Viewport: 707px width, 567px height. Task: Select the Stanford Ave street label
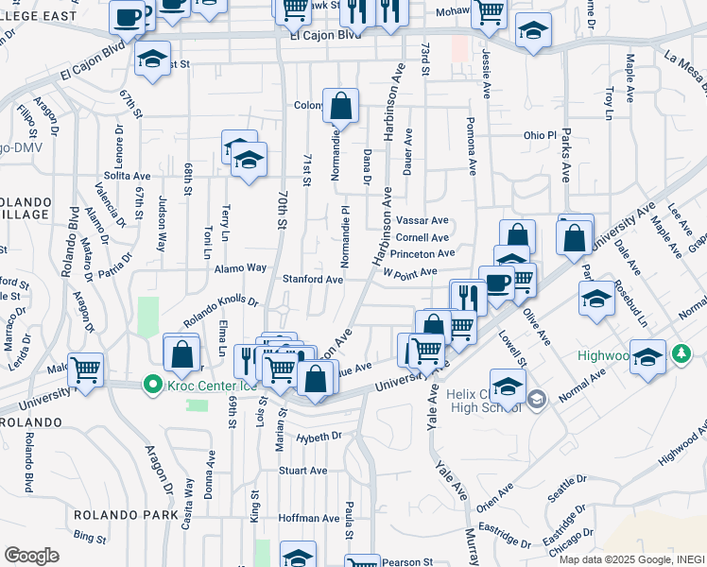point(313,280)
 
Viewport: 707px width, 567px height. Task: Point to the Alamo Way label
point(244,268)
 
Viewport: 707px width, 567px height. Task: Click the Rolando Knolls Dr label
point(221,311)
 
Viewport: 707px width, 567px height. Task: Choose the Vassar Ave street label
point(422,220)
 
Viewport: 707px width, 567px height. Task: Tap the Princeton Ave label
point(422,253)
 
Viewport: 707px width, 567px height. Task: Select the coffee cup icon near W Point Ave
point(496,281)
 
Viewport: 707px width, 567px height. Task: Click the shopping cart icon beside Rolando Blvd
point(85,369)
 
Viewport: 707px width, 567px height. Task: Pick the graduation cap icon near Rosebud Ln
point(596,299)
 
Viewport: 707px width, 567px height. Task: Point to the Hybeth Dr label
point(319,437)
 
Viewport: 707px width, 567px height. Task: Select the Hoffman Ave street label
point(308,518)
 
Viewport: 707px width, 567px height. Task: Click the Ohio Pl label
point(540,135)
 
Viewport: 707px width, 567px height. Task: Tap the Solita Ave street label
point(128,176)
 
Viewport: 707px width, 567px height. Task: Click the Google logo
point(31,556)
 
